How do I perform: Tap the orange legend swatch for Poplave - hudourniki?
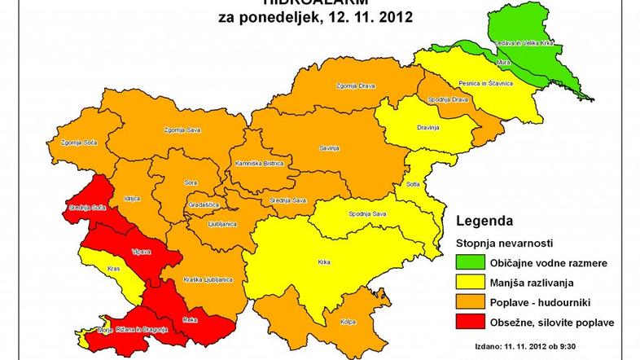coord(468,303)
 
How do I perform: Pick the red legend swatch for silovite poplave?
coord(468,323)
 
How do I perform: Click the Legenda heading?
coord(484,221)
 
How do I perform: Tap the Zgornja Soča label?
coord(73,143)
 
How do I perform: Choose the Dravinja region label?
coord(427,128)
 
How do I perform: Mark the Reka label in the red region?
coord(191,320)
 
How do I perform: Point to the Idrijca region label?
coord(133,199)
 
